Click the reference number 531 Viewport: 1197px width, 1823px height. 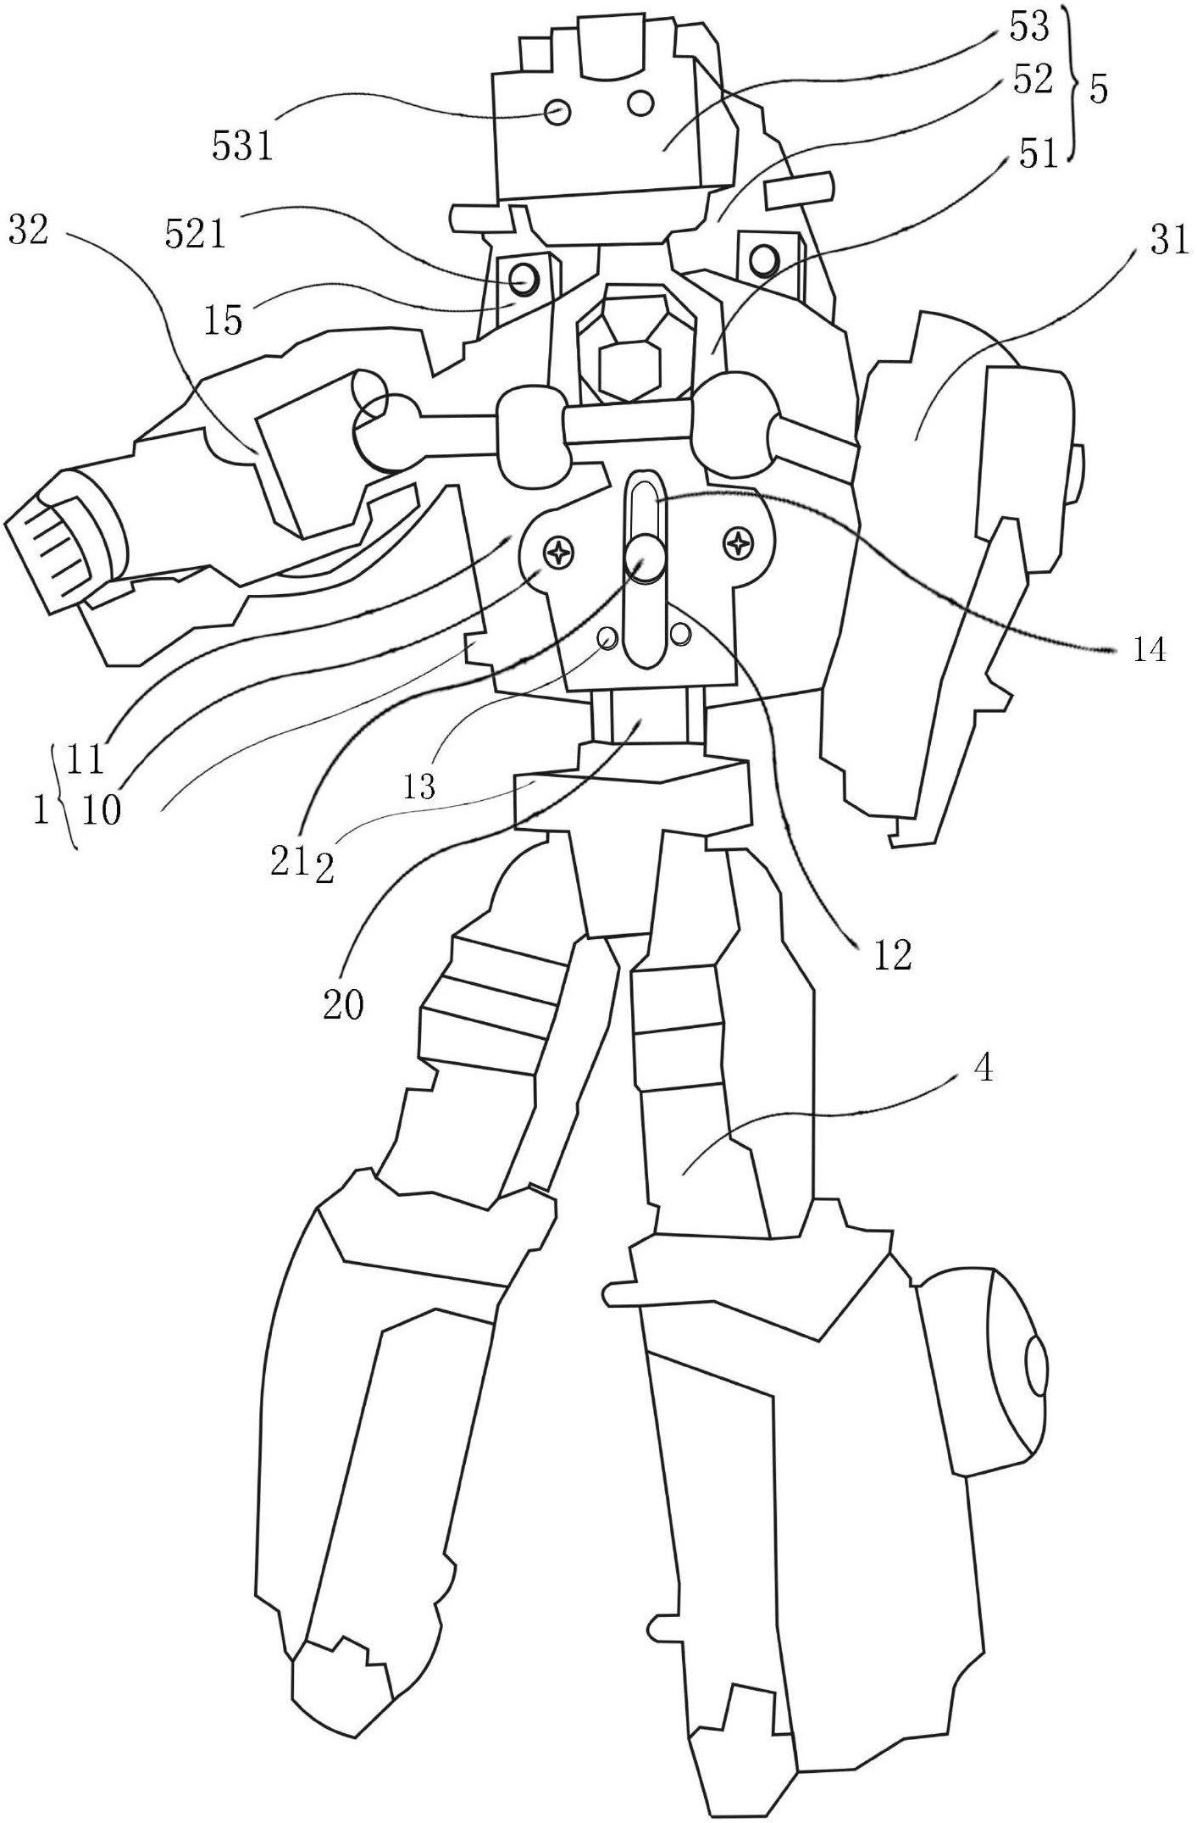242,147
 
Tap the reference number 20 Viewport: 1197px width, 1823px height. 343,1004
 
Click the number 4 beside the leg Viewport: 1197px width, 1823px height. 983,1069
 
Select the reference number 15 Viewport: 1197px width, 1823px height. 223,320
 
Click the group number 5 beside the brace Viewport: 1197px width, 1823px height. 1098,90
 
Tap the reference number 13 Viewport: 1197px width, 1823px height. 419,787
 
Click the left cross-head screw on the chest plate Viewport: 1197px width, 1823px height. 560,553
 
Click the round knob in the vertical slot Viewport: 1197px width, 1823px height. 645,558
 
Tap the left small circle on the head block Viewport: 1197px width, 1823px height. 557,112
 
